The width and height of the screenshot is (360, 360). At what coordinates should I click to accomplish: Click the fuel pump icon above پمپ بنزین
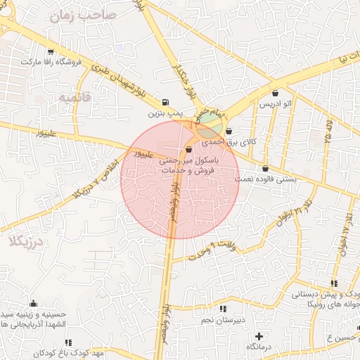click(x=165, y=101)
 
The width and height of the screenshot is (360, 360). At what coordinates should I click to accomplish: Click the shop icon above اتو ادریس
click(x=274, y=93)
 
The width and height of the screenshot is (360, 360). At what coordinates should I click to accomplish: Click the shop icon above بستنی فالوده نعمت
click(x=265, y=168)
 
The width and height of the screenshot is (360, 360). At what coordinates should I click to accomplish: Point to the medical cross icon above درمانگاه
click(x=259, y=336)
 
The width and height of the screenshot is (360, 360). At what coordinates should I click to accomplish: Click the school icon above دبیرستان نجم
click(x=223, y=309)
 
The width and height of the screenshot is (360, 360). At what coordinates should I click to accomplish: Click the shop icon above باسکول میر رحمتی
click(x=188, y=150)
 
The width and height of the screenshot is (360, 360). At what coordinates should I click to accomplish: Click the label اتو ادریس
click(x=276, y=104)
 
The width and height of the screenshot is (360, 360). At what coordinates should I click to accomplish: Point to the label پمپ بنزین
click(x=165, y=112)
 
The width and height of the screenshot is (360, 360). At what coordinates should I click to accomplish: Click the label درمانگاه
click(x=259, y=347)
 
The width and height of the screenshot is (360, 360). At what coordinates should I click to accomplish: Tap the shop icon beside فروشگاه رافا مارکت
click(x=50, y=51)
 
